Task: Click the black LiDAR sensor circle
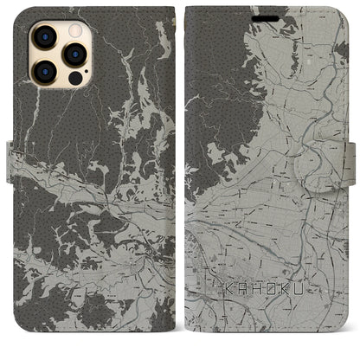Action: [75, 77]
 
